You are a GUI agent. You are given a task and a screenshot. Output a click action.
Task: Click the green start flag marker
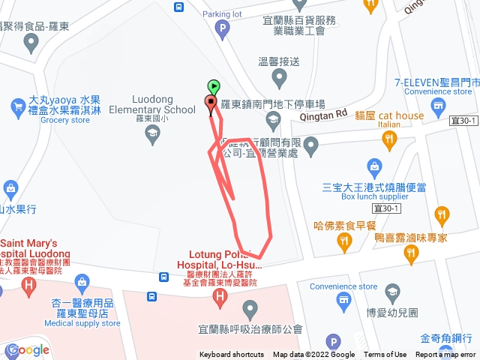(214, 87)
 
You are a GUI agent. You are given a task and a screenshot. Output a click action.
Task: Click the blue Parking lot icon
(222, 30)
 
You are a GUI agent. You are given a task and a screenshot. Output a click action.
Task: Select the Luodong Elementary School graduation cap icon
(153, 134)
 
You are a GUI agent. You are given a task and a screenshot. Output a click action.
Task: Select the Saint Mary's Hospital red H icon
(28, 286)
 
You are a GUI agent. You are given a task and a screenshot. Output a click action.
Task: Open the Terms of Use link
(385, 355)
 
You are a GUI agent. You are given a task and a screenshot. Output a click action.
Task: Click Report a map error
(445, 355)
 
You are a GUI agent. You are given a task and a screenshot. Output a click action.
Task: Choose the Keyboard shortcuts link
(232, 355)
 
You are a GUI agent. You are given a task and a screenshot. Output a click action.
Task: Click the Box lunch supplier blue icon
(373, 166)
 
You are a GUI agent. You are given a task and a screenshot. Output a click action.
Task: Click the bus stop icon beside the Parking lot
(178, 7)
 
